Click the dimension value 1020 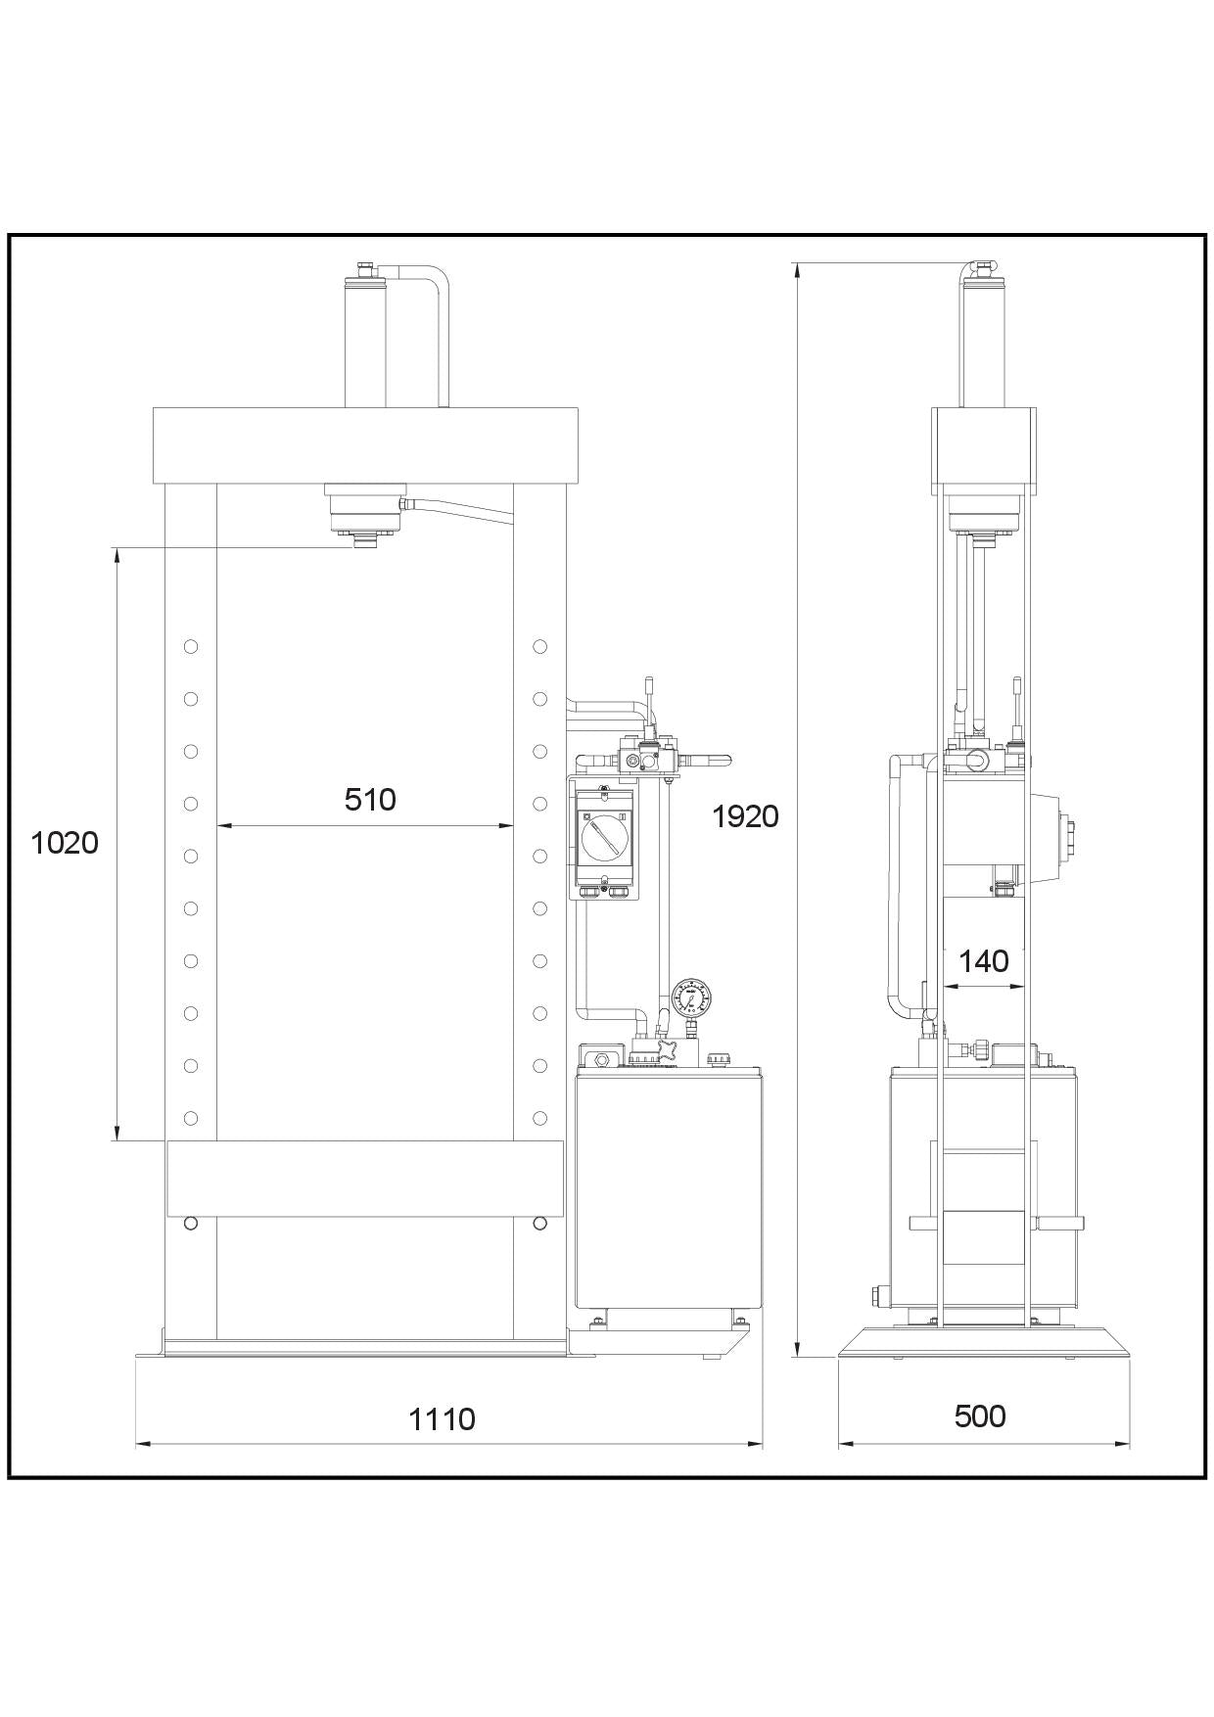point(65,842)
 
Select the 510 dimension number point(370,800)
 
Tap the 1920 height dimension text point(745,815)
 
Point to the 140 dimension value point(983,961)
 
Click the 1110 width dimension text point(442,1418)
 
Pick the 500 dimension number point(980,1415)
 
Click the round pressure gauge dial point(692,998)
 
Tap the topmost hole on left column point(191,646)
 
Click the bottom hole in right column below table point(539,1223)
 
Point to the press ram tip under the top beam point(364,540)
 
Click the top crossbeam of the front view point(365,445)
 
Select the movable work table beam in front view point(365,1179)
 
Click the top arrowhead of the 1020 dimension point(117,554)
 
